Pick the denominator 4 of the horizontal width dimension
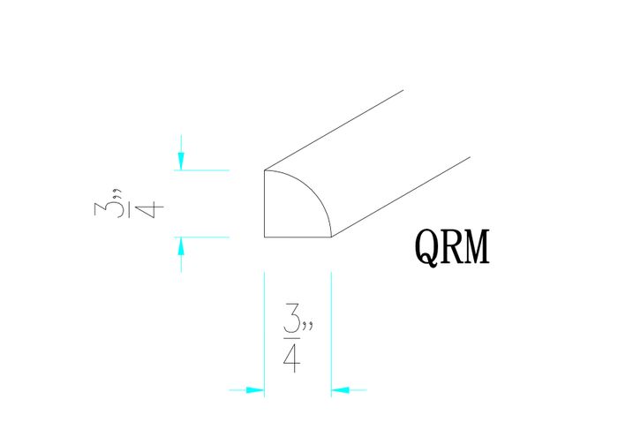coord(291,357)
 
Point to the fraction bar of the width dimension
coord(291,337)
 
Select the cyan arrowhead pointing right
coord(255,388)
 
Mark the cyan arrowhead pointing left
coord(340,388)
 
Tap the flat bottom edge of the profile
coord(298,237)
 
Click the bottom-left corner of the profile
coord(265,237)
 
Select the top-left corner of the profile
coord(265,170)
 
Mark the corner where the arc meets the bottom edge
coord(331,237)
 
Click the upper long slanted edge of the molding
coord(335,129)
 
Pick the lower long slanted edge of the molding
coord(402,196)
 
